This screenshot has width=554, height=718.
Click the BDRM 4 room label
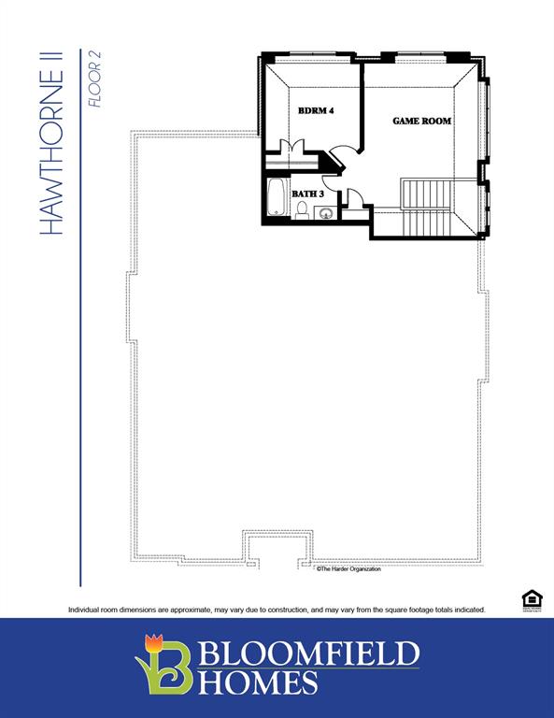click(x=315, y=111)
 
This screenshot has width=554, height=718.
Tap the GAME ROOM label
click(x=421, y=122)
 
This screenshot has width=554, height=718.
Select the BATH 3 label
click(x=307, y=194)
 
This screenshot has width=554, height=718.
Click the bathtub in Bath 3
click(x=277, y=197)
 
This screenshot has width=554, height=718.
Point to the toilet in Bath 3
click(x=302, y=210)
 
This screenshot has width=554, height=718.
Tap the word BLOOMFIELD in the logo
click(x=309, y=653)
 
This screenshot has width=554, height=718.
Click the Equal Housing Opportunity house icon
click(x=531, y=600)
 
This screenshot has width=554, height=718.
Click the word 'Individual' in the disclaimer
click(x=87, y=610)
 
